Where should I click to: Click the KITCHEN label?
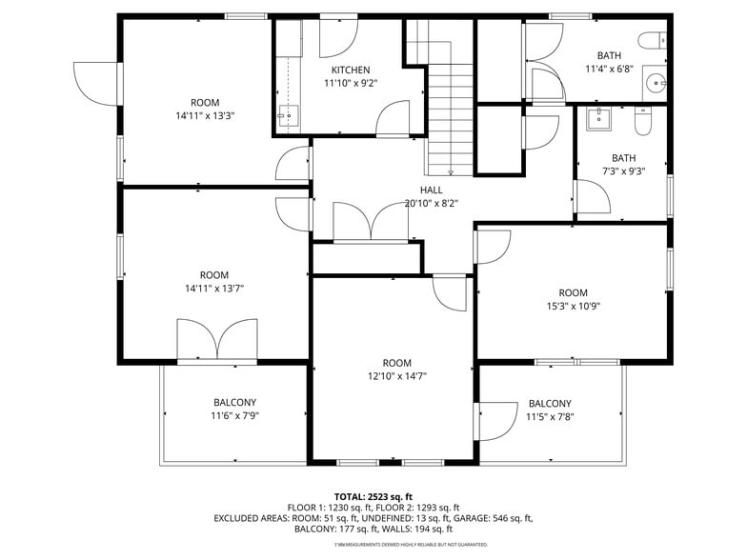[351, 70]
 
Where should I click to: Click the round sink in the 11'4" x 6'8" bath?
[655, 84]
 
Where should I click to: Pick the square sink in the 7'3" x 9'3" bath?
[599, 118]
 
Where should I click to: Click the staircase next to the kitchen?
[449, 114]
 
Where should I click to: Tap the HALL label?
[432, 190]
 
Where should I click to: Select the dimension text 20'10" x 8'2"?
[432, 203]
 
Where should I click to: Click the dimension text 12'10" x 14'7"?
[396, 376]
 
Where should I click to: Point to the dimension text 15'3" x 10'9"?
[573, 306]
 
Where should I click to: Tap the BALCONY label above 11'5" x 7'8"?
[550, 403]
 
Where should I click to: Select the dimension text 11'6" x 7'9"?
[234, 416]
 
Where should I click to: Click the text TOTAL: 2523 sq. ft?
[373, 497]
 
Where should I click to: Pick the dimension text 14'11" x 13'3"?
[205, 115]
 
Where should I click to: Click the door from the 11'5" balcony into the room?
[494, 421]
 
